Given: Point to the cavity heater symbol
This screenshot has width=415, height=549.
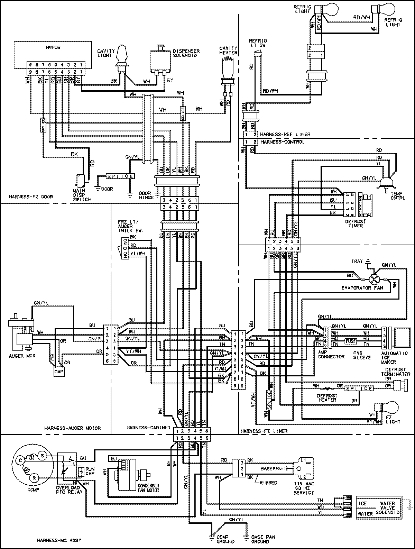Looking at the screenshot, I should [228, 68].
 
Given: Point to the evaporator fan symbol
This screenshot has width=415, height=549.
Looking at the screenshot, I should [373, 279].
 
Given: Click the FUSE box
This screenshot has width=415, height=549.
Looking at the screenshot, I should [350, 341].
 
